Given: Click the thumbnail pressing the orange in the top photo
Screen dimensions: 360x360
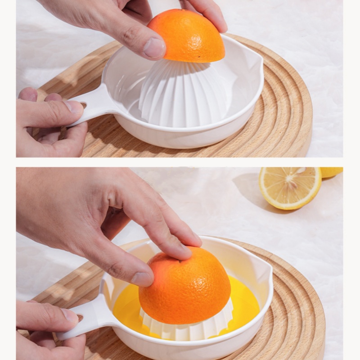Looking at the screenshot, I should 154,48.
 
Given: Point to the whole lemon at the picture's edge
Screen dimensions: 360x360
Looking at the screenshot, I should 332,171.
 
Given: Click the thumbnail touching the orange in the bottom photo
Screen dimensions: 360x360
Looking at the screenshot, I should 142,279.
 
